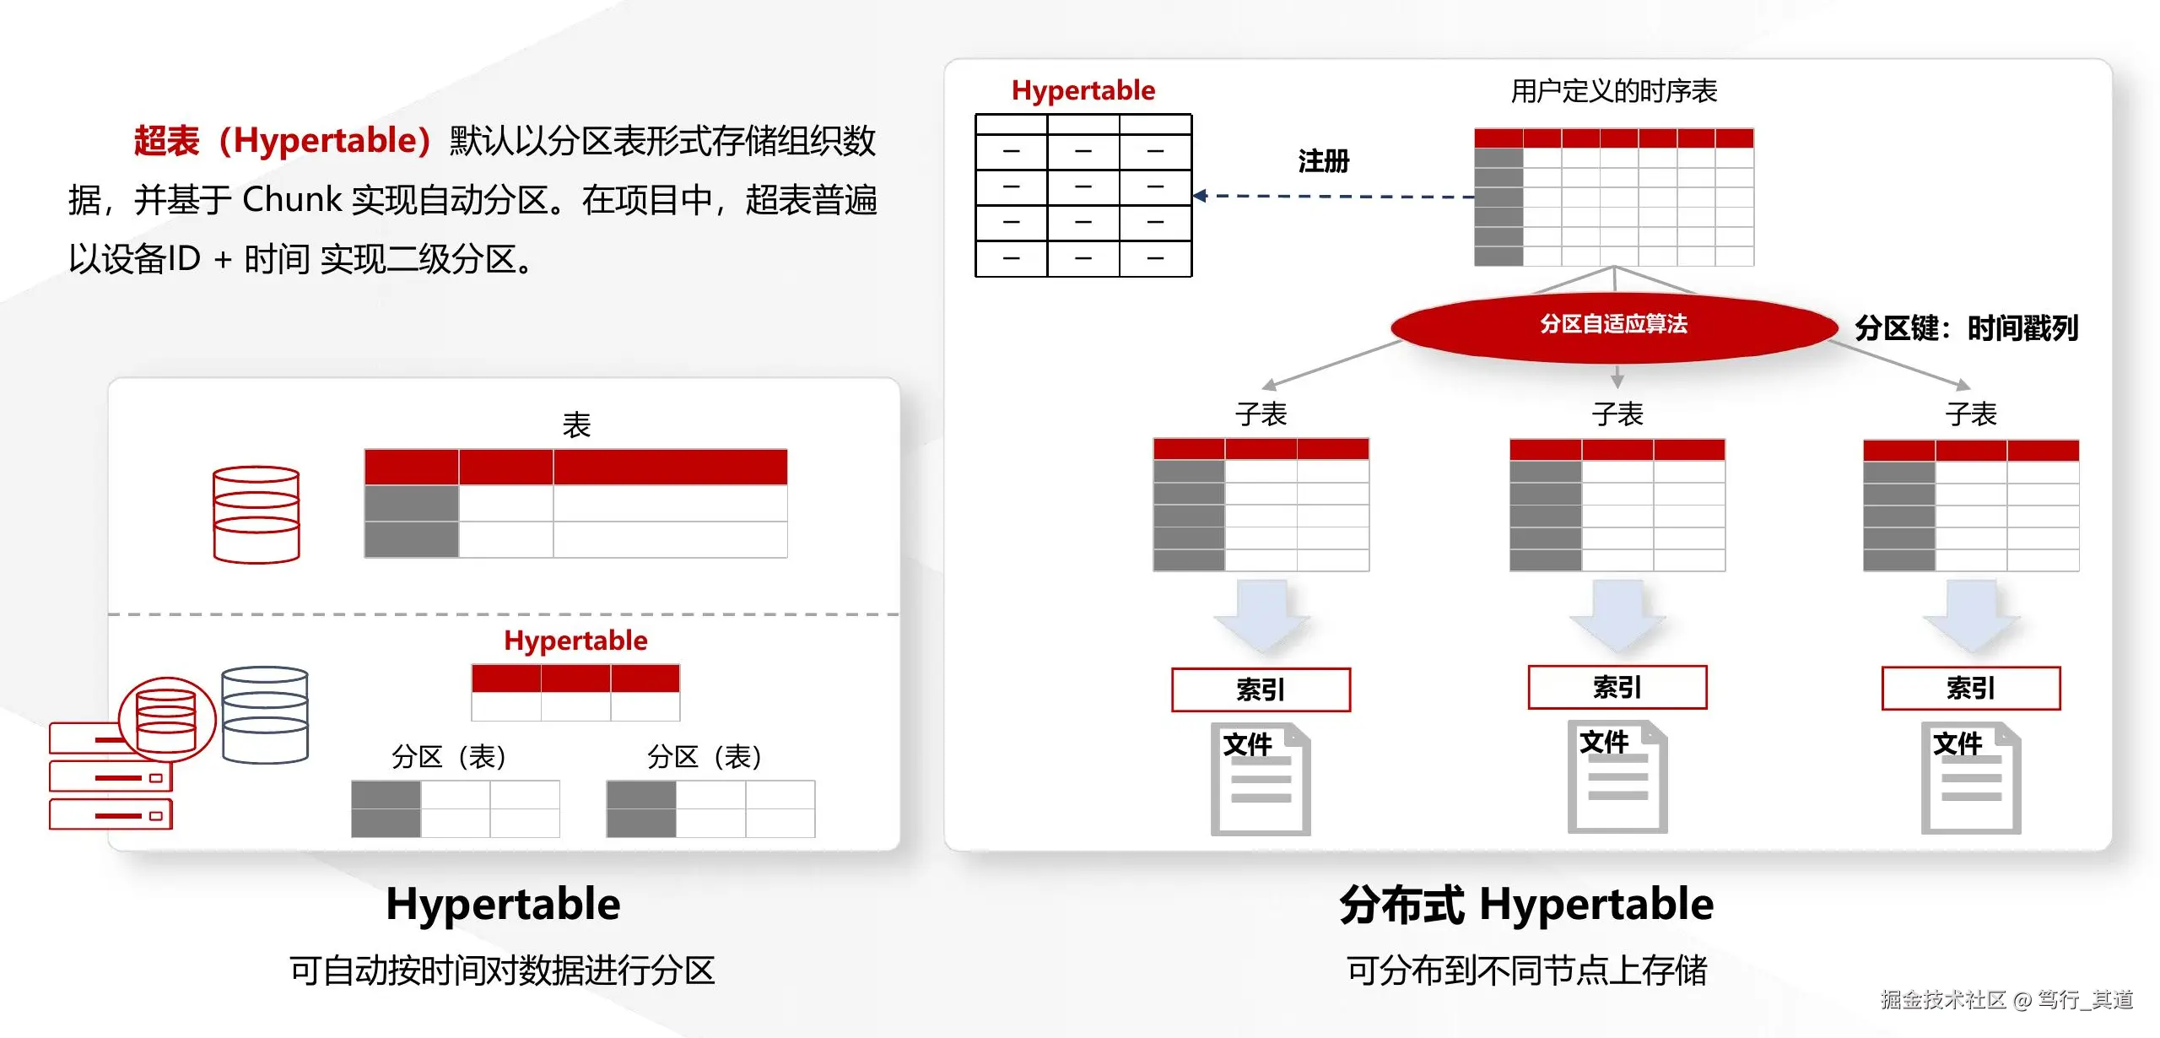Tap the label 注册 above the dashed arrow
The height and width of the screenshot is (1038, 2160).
coord(1324,160)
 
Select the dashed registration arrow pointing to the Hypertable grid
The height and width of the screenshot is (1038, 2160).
coord(1333,196)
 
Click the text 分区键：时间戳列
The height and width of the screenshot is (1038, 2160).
coord(1966,327)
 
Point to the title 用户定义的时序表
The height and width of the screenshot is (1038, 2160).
coord(1613,90)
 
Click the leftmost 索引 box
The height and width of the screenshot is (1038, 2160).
coord(1261,689)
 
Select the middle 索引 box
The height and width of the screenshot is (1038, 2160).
coord(1617,687)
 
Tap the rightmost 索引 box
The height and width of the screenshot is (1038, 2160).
coord(1971,688)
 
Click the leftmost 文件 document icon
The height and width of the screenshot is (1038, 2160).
coord(1261,779)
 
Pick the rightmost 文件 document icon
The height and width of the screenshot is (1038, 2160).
coord(1971,777)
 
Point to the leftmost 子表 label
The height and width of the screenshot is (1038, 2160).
coord(1261,414)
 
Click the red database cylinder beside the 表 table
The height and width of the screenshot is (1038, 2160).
coord(256,514)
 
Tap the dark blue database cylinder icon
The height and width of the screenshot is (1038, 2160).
coord(265,715)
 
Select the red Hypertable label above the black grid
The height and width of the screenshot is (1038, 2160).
coord(1083,90)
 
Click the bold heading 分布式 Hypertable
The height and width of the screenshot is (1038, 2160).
coord(1526,904)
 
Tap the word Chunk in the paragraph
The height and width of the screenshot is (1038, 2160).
coord(292,199)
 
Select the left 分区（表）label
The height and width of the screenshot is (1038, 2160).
coord(449,756)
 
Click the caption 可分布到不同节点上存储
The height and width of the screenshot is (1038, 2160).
coord(1526,970)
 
